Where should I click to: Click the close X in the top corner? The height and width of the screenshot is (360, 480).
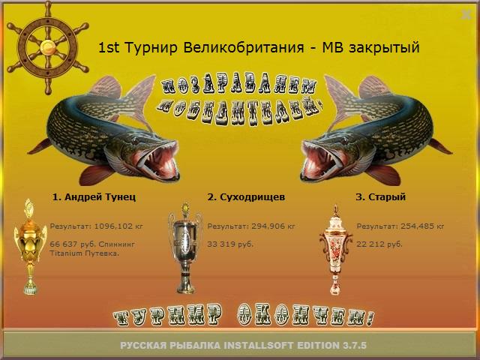466,14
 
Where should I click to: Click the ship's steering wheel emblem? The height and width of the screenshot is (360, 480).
48,48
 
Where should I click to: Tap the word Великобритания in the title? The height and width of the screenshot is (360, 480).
244,47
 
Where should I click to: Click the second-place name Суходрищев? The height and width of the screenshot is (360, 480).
253,196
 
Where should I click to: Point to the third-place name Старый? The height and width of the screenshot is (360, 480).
387,196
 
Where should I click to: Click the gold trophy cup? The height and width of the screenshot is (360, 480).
30,247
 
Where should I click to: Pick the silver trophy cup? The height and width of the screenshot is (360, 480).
185,248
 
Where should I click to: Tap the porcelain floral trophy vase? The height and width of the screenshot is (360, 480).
336,250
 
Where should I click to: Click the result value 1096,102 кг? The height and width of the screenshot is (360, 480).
118,226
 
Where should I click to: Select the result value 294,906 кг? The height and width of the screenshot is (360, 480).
273,226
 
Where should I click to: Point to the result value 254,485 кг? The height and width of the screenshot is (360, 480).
422,226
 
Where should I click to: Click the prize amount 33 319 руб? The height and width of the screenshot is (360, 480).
230,244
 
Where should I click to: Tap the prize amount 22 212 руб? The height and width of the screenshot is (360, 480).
379,244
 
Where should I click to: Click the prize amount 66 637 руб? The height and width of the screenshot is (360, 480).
73,244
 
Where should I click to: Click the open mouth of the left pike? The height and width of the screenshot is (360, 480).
158,160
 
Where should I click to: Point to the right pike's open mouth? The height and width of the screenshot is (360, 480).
322,160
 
